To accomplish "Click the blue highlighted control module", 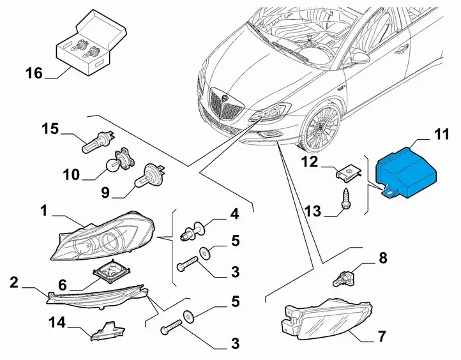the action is tap(407, 173).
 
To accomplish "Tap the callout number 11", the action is tap(442, 134).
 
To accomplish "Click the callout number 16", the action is tap(34, 73).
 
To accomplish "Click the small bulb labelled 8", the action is tap(343, 278).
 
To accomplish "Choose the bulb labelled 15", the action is tap(98, 141).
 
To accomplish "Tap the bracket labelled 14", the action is tap(108, 331).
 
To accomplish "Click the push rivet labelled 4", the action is tap(193, 231).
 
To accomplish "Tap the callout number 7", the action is tap(382, 336).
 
